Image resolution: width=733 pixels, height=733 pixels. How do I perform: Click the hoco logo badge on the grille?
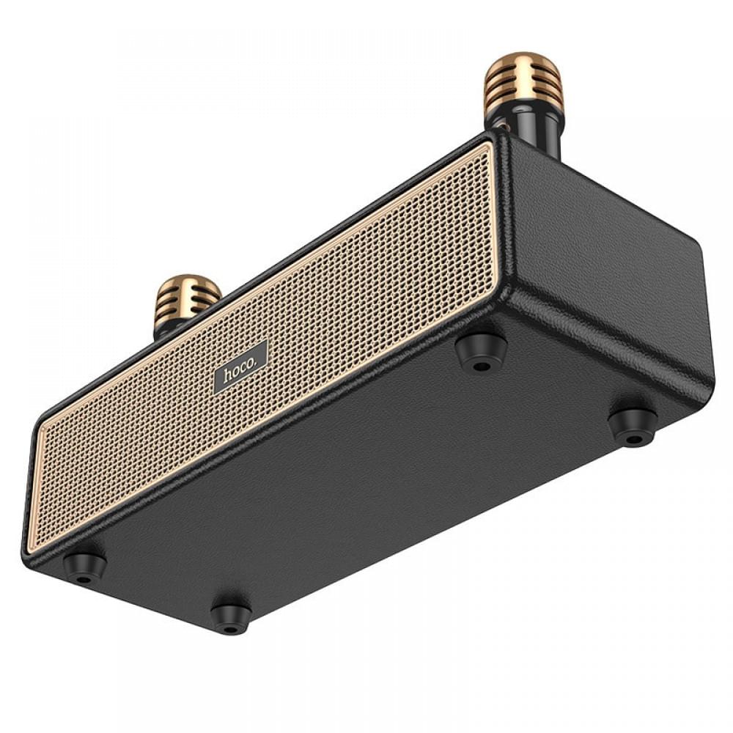click(240, 366)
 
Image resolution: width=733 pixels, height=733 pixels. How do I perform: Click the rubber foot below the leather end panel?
click(633, 425)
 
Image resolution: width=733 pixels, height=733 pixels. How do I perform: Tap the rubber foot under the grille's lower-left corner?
click(84, 566)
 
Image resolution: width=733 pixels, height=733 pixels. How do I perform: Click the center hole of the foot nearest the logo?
click(481, 363)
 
